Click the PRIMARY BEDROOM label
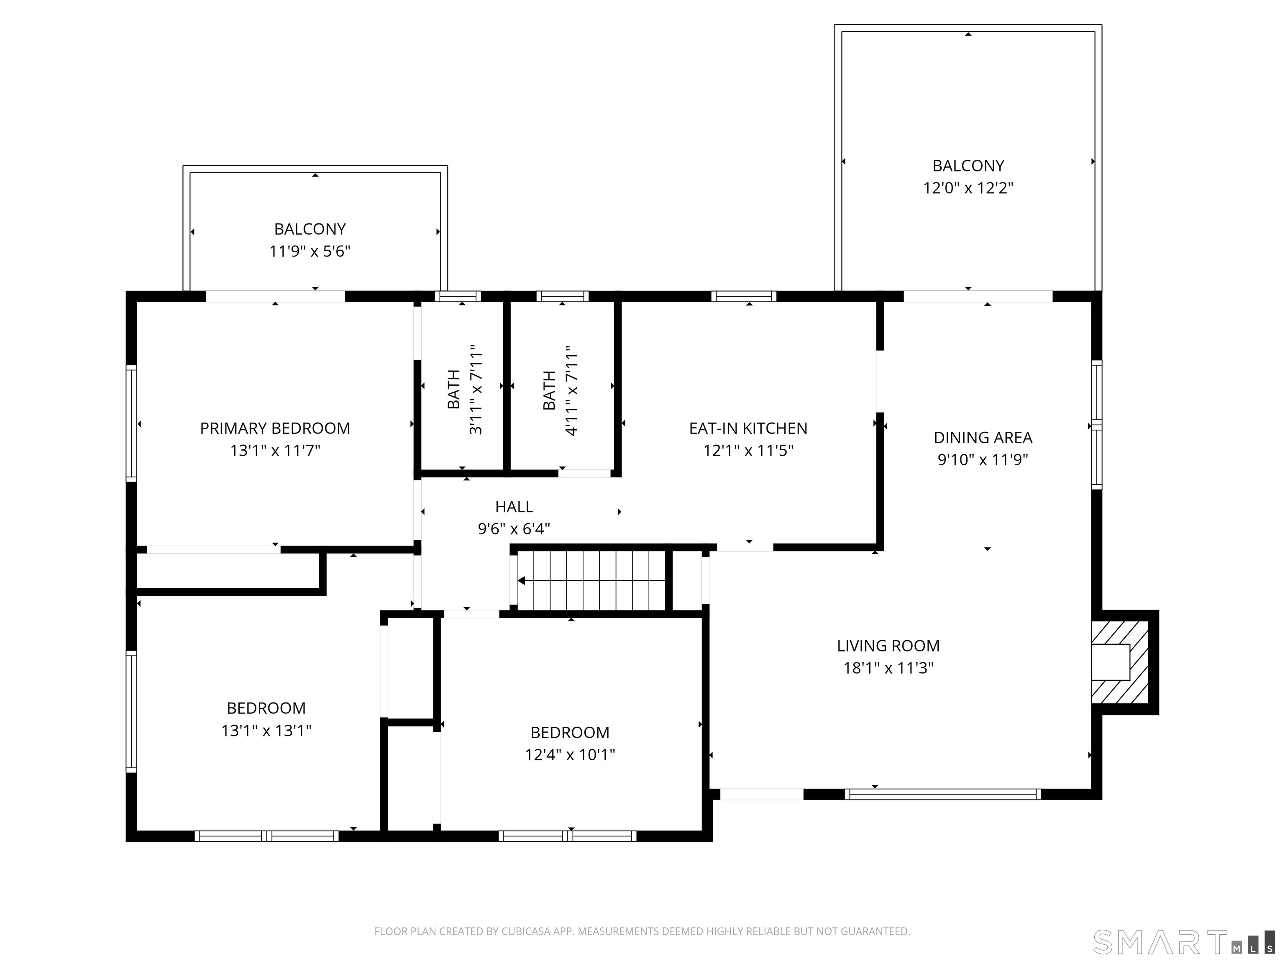[x=275, y=428]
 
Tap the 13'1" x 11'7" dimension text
[x=275, y=450]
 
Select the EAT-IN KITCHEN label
[x=748, y=428]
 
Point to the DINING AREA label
[x=983, y=438]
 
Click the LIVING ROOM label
[x=888, y=646]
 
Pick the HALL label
[x=514, y=507]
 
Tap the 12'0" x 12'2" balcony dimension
[x=968, y=188]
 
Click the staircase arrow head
[x=521, y=580]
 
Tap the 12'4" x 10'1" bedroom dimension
[x=570, y=754]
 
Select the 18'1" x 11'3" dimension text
[x=888, y=668]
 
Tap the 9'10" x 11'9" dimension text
[x=983, y=460]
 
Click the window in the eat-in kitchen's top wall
[x=744, y=296]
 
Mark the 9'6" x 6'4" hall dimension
[x=514, y=529]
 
